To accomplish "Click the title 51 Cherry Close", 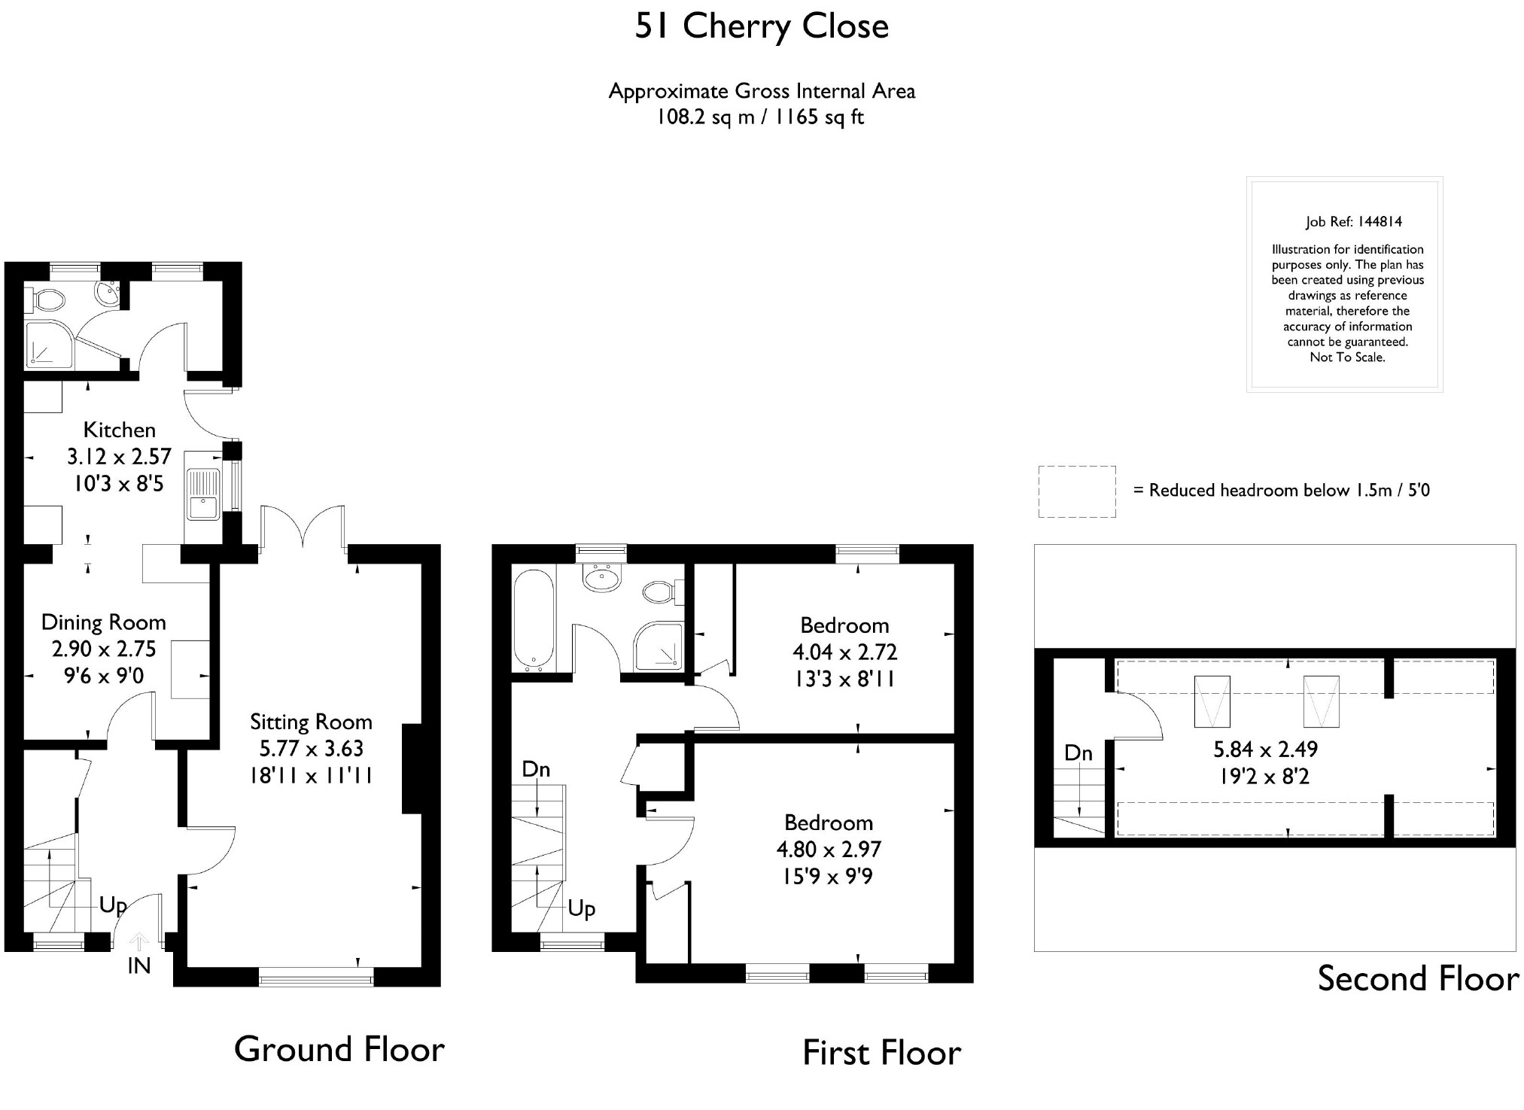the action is coord(762,27).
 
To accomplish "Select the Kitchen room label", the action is coord(120,430).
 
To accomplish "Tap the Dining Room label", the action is coord(104,622).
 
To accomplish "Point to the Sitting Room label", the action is coord(311,722).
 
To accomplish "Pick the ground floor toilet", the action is coord(47,300).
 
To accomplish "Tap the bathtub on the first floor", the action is coord(534,620).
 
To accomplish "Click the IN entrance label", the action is coord(139,966).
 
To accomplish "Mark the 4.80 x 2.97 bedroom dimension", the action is coord(829,850).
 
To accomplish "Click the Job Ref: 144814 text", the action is coord(1354,222).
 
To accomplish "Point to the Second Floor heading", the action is coord(1418,979).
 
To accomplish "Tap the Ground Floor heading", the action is coord(339,1050).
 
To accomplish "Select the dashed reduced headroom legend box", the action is coord(1077,491).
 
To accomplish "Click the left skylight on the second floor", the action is coord(1212,701).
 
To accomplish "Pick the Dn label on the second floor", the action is coord(1078,753).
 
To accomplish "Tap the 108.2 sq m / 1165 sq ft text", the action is coord(761,117).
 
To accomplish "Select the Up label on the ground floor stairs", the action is coord(113,905).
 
